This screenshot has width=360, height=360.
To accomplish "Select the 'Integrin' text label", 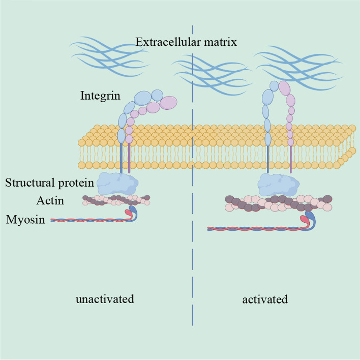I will point(99,95).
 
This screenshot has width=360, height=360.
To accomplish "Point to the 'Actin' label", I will point(50,200).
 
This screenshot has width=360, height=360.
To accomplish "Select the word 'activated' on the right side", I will point(265,299).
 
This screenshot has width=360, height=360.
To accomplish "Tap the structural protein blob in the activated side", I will point(277,184).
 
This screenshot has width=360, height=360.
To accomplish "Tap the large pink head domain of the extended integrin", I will point(284,88).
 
